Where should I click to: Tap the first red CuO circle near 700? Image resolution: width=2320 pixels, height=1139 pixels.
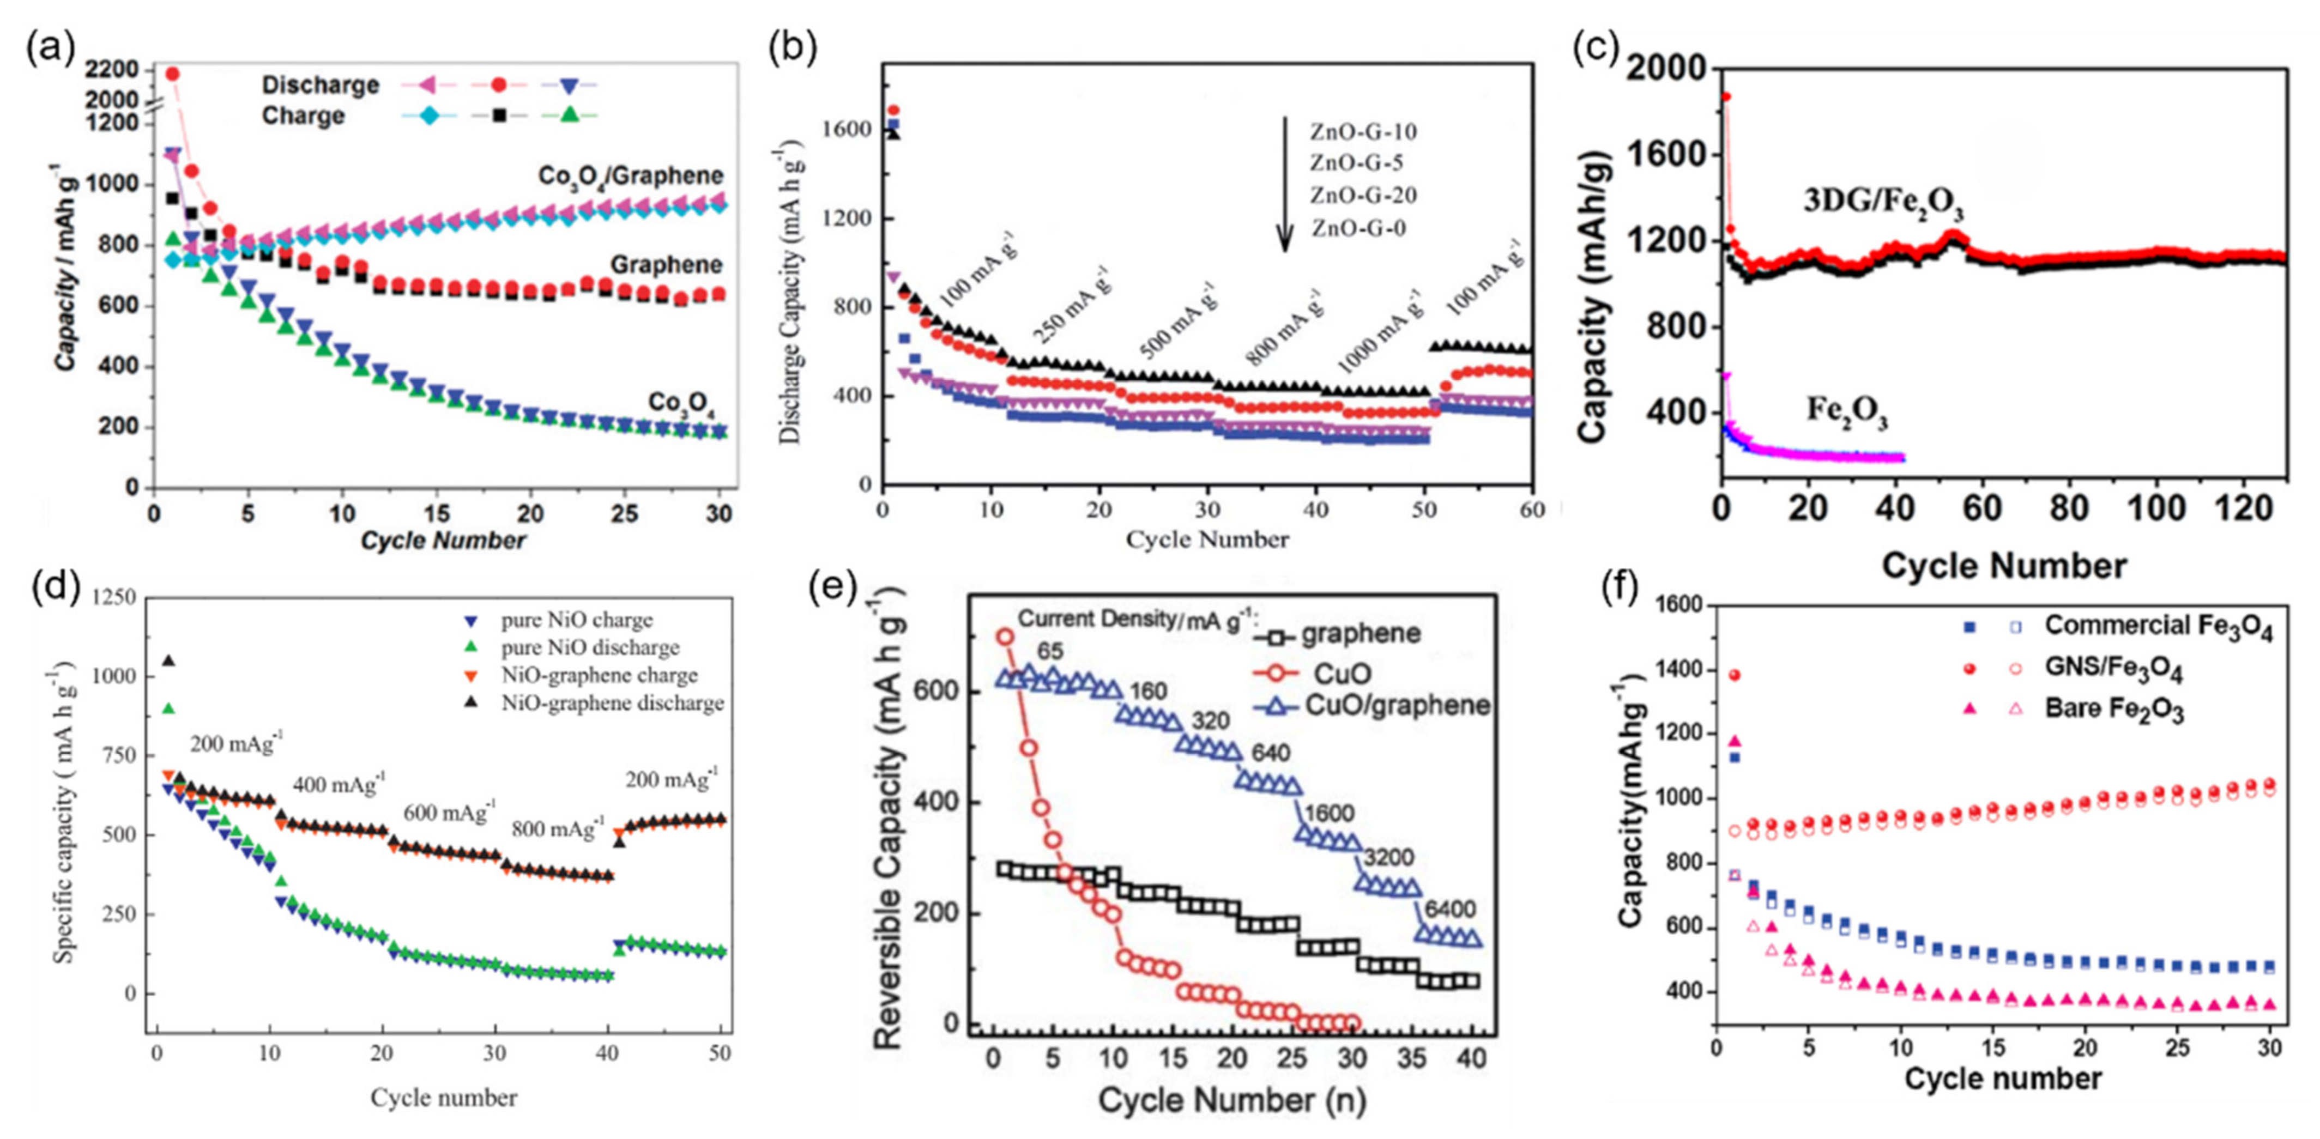pyautogui.click(x=1005, y=637)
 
